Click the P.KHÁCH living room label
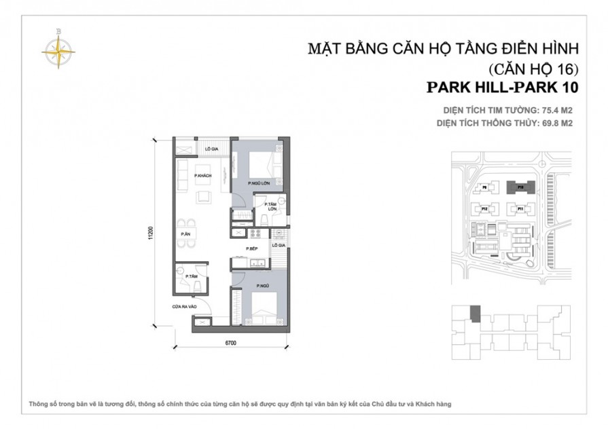(202, 176)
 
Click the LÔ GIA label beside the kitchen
(279, 245)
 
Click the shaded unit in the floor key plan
(476, 314)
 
